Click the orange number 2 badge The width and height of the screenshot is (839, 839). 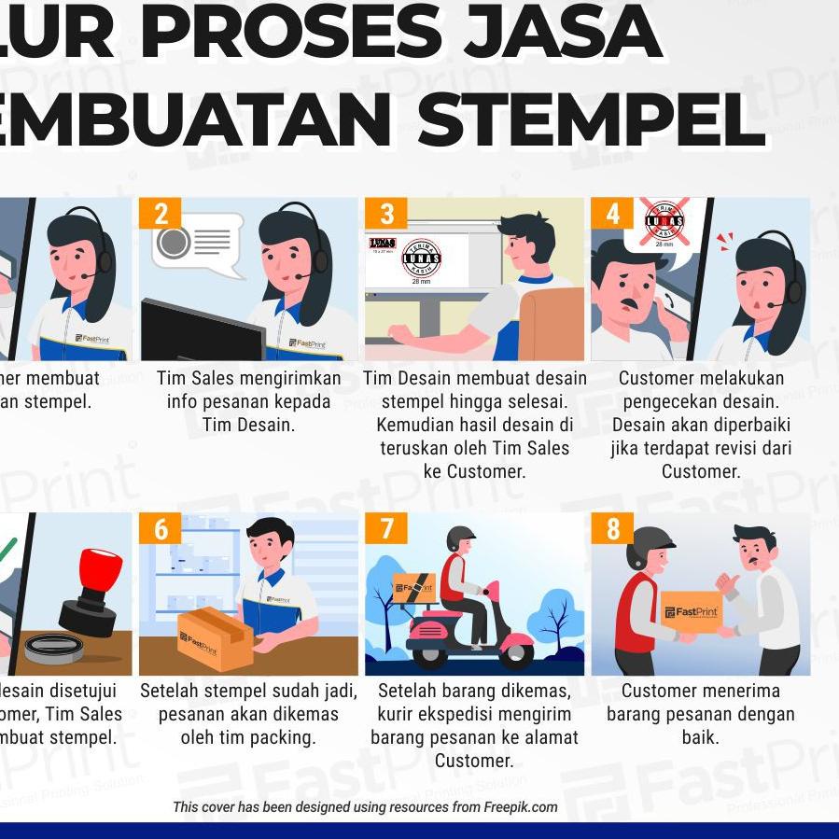click(161, 214)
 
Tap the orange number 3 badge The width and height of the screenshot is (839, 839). click(386, 214)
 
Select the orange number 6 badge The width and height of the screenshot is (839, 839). click(161, 529)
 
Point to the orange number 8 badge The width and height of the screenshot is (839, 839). click(612, 529)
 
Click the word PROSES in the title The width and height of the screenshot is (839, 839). click(291, 33)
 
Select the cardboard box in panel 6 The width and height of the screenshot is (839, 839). click(215, 638)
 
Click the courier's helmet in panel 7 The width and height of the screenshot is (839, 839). click(460, 538)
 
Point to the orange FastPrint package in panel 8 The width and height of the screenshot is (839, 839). click(692, 612)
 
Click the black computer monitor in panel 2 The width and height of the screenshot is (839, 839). click(201, 331)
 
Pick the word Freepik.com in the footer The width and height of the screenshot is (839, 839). click(520, 807)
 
